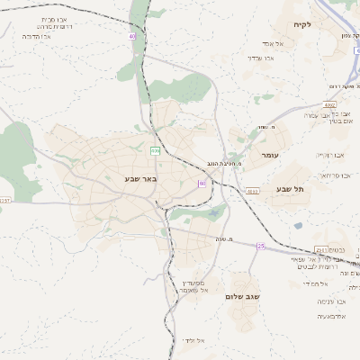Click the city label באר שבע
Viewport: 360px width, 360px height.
[x=140, y=179]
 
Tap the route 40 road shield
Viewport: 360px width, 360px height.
[x=132, y=36]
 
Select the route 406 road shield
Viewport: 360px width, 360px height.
[x=155, y=149]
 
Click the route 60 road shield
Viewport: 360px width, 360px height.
[x=202, y=183]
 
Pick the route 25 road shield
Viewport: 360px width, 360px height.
[x=261, y=246]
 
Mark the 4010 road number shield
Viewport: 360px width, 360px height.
[x=253, y=191]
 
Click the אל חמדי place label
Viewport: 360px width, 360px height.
[x=310, y=283]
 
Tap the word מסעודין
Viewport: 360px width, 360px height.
[x=192, y=282]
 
